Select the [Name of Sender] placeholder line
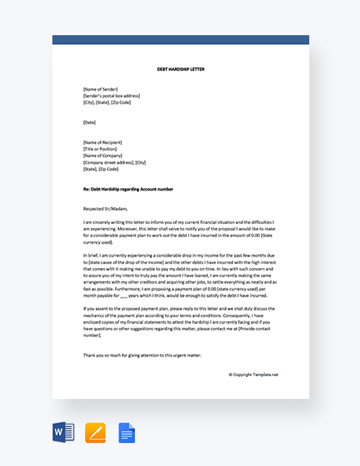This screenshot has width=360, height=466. point(101,89)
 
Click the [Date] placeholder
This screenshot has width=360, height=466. point(89,123)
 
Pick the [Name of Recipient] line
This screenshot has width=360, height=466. point(103,142)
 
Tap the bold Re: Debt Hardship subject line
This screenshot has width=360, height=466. point(139,189)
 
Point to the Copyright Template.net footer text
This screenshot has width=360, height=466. point(254,374)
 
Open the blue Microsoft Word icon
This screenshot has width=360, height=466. point(63,432)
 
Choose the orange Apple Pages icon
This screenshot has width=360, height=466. point(95,432)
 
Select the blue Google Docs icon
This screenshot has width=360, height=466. point(126,432)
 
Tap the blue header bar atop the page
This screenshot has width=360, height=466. point(180,40)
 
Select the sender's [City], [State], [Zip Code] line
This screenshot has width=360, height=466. point(106,102)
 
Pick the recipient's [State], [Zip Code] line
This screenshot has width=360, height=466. point(101,168)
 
